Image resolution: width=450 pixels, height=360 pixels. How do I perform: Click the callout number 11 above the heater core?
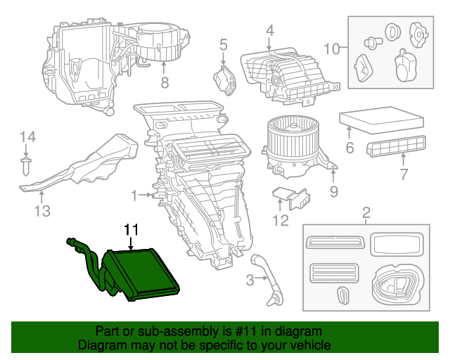(131, 229)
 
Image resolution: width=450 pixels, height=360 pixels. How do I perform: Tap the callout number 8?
(165, 83)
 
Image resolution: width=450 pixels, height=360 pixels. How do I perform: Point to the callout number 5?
(224, 46)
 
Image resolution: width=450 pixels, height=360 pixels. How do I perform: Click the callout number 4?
(269, 30)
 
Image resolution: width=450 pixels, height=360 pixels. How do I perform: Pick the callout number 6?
(349, 148)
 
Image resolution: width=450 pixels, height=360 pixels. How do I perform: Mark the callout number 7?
(403, 174)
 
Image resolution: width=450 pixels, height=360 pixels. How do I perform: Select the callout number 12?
(281, 221)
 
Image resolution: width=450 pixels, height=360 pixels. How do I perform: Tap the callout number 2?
(366, 212)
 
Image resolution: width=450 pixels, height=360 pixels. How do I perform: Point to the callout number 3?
(250, 282)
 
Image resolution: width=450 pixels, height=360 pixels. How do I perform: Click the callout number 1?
(134, 194)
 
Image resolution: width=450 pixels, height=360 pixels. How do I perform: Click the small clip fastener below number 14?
(27, 167)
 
